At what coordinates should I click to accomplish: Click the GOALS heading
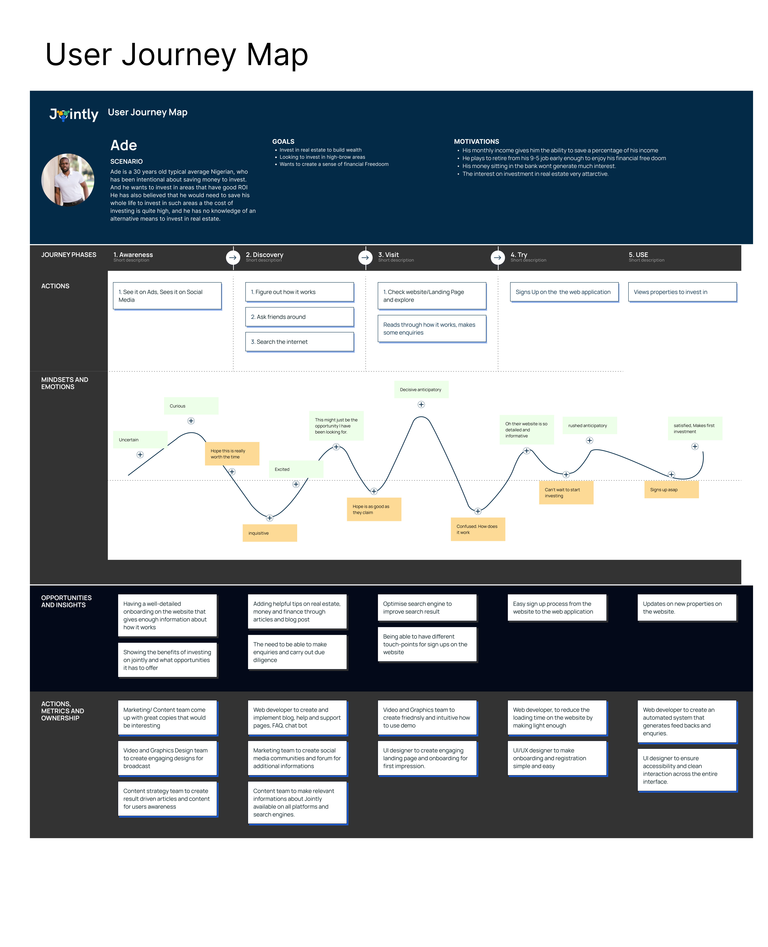(x=283, y=141)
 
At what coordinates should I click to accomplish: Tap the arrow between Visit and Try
(x=498, y=257)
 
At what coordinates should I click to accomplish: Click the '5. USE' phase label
(x=638, y=255)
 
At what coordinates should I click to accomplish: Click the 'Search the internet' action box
(x=299, y=342)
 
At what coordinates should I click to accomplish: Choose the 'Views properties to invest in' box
(x=682, y=292)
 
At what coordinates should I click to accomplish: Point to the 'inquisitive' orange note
(x=269, y=533)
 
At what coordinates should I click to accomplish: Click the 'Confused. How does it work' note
(x=478, y=529)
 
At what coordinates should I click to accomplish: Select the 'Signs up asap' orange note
(x=671, y=490)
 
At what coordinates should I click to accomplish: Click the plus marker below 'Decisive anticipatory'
(x=421, y=405)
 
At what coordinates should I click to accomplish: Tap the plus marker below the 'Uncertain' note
(x=140, y=455)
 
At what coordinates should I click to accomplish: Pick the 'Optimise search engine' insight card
(x=427, y=608)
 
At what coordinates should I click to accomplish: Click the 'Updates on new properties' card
(x=687, y=608)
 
